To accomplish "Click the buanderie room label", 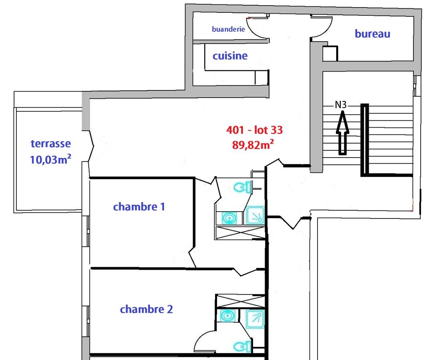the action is tap(228, 29).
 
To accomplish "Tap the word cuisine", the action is tap(230, 56).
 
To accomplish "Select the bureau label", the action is tap(372, 34).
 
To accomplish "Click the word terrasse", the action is tap(51, 144).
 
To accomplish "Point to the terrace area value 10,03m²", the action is tap(50, 159).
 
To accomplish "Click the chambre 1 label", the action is tap(139, 207).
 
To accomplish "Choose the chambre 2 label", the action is tap(146, 309).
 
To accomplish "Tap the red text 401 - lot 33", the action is tap(255, 130).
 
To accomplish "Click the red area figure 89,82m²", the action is tap(253, 145).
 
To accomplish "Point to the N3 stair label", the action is tap(341, 105).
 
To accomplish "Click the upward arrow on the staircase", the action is tap(342, 132).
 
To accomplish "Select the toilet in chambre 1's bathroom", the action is tap(242, 187).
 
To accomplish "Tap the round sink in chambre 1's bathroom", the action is tap(229, 218).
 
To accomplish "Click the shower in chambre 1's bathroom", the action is tap(255, 216).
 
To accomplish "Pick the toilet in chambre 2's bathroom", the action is tap(242, 347).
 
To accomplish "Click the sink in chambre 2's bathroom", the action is tap(227, 316).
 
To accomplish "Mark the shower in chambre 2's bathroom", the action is tap(255, 319).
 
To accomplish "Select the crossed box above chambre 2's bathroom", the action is tap(241, 301).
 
